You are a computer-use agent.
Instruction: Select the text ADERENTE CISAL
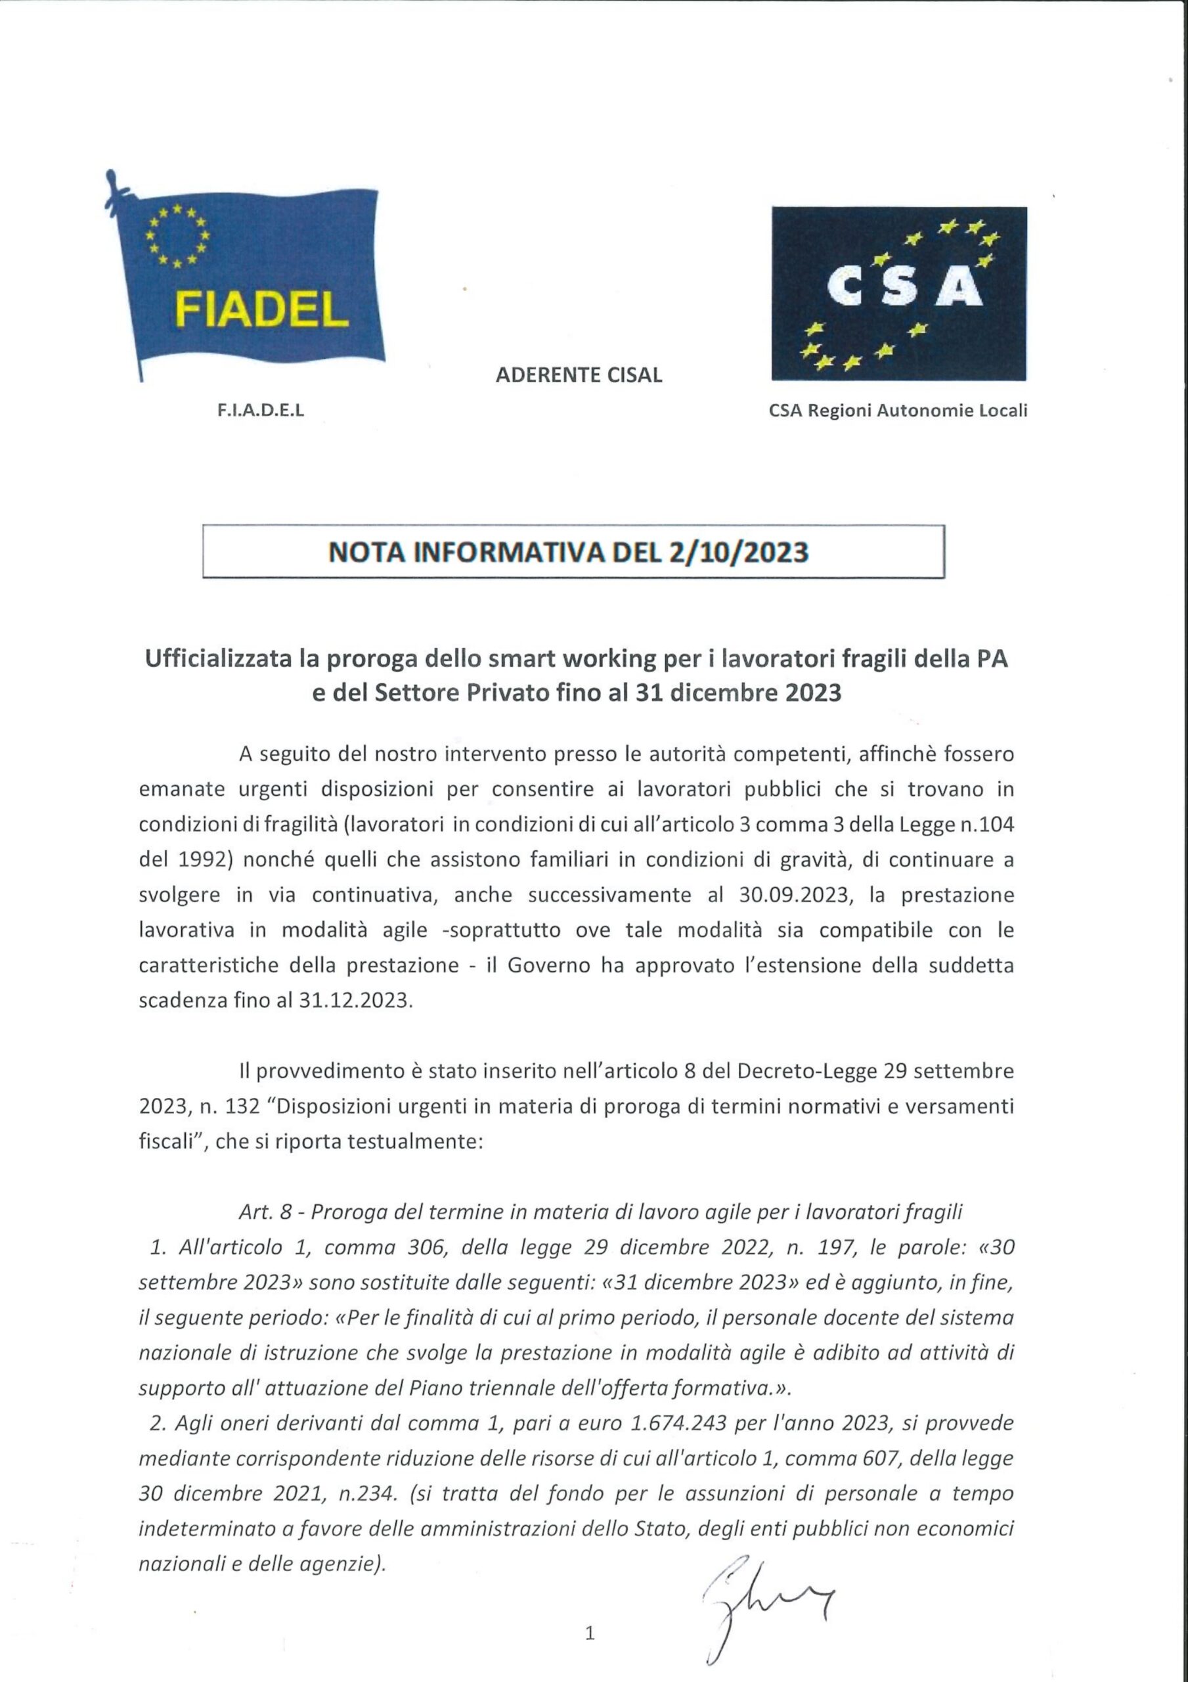coord(579,375)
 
